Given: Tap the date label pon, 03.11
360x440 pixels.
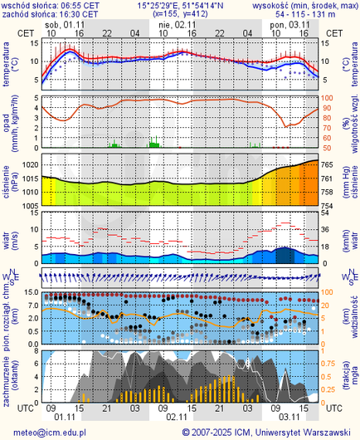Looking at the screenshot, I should tap(289, 26).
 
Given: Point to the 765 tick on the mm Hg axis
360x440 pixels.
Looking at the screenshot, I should tap(328, 166).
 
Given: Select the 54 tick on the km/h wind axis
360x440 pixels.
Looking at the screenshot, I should tap(328, 213).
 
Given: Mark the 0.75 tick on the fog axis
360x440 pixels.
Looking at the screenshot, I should tap(329, 362).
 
